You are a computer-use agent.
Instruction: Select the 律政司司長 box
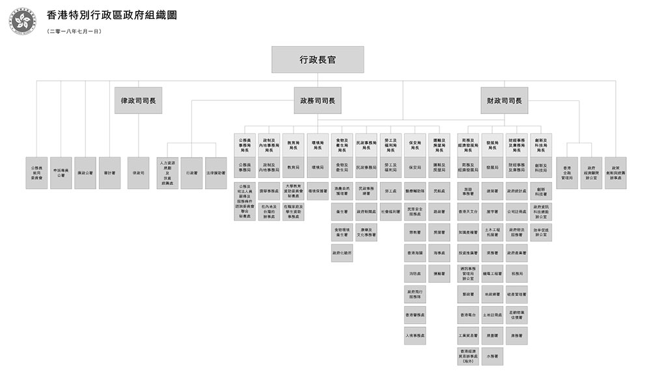pos(138,100)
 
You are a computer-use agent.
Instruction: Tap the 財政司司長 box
pos(505,100)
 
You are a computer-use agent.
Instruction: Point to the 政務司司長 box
pos(318,100)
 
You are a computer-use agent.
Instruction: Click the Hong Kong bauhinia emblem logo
pos(23,21)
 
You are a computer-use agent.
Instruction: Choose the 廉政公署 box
pos(85,173)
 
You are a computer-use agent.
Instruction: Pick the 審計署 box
pos(109,173)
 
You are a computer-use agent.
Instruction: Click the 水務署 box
pos(493,356)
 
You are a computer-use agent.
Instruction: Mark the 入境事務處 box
pos(415,336)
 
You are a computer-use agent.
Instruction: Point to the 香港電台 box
pos(469,315)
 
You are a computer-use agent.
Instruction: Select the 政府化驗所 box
pos(342,253)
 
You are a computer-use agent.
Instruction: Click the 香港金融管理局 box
pos(566,173)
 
